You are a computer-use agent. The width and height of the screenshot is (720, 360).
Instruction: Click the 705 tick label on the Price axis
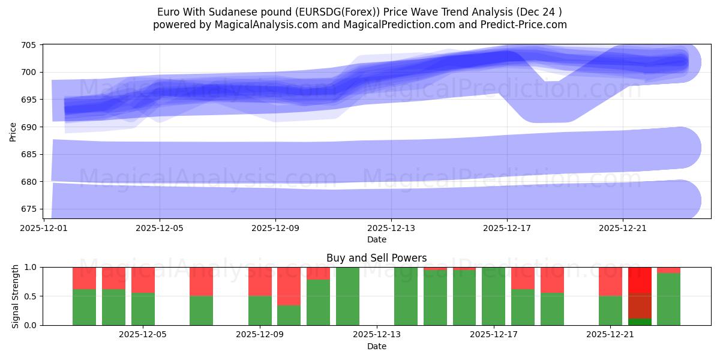point(29,45)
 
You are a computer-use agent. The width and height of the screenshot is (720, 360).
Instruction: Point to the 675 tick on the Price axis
point(29,209)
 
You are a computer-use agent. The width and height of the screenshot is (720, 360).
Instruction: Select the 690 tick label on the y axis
point(29,127)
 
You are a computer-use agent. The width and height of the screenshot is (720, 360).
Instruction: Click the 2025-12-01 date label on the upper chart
point(44,228)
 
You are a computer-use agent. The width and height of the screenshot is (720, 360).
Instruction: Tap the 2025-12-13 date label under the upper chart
point(391,228)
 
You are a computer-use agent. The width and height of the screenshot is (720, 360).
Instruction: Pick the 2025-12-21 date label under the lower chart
point(610,335)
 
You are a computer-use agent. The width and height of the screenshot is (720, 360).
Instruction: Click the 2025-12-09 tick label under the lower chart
point(260,335)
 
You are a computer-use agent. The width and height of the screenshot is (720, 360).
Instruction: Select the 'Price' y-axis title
point(13,131)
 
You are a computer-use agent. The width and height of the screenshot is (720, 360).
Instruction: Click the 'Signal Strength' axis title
point(16,296)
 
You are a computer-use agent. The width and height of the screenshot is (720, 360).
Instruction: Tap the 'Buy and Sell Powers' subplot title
point(376,258)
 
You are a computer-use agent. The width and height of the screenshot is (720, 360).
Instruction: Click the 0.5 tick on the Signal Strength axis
point(29,296)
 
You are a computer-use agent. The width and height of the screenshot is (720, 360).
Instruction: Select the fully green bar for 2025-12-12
point(347,296)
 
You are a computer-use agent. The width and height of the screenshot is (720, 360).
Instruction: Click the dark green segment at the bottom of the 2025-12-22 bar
point(640,322)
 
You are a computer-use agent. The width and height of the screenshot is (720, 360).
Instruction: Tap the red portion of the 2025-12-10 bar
point(289,286)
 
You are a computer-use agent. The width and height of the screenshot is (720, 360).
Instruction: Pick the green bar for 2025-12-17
point(493,296)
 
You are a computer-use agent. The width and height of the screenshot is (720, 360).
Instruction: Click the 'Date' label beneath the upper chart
point(376,239)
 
